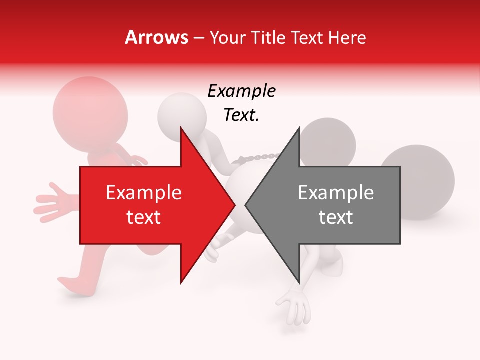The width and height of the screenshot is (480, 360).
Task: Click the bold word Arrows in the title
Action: click(157, 37)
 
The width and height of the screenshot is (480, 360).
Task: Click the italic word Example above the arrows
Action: click(241, 91)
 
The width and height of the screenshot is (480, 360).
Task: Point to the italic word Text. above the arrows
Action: click(241, 115)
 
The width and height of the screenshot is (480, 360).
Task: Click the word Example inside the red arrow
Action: click(144, 193)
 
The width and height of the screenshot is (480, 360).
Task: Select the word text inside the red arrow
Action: click(144, 217)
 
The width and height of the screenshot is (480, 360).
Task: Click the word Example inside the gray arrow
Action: click(336, 193)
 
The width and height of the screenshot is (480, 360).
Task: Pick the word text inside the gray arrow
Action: click(336, 217)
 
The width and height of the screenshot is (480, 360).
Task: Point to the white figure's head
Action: click(181, 115)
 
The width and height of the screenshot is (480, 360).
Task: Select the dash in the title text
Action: click(198, 38)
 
